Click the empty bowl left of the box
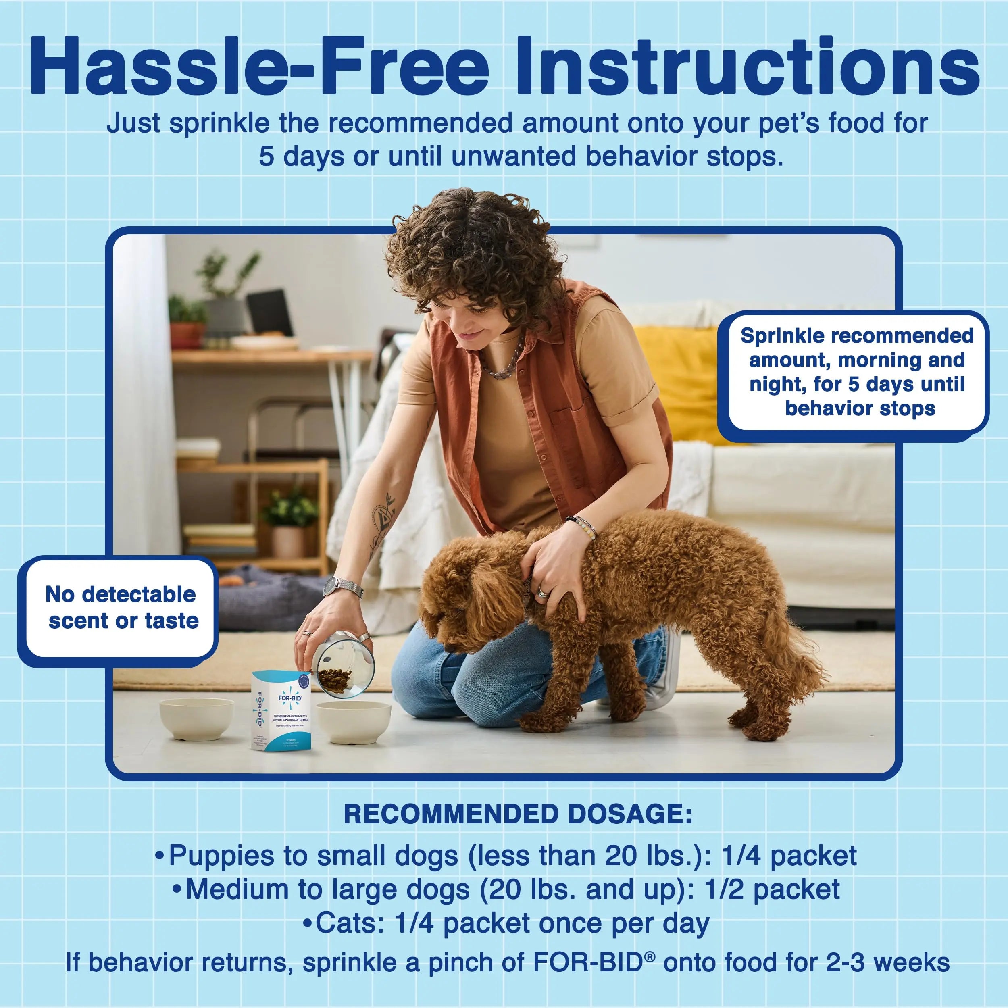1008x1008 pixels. click(x=196, y=719)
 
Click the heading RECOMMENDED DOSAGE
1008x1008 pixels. click(x=518, y=814)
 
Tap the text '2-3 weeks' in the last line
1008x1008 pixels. click(x=887, y=962)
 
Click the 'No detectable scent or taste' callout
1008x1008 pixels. click(x=121, y=608)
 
